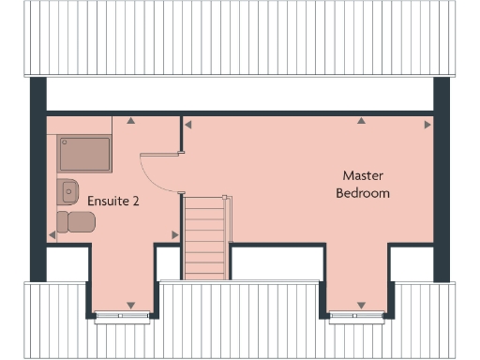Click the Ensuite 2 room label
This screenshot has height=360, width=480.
113,201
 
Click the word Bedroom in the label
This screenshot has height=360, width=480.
364,193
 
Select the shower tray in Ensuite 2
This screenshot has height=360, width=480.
84,153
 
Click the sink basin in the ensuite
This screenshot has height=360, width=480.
67,190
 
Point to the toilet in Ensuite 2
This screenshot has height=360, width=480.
75,221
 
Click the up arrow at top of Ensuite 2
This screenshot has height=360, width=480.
132,121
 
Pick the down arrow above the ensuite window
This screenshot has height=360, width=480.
129,305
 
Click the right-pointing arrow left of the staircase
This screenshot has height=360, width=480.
174,234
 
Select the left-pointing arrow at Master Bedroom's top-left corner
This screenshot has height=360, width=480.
188,123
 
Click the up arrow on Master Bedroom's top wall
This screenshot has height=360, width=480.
360,121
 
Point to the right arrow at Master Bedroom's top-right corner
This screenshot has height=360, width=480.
427,124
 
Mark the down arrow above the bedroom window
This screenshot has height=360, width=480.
360,305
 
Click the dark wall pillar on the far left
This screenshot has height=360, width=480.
37,178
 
